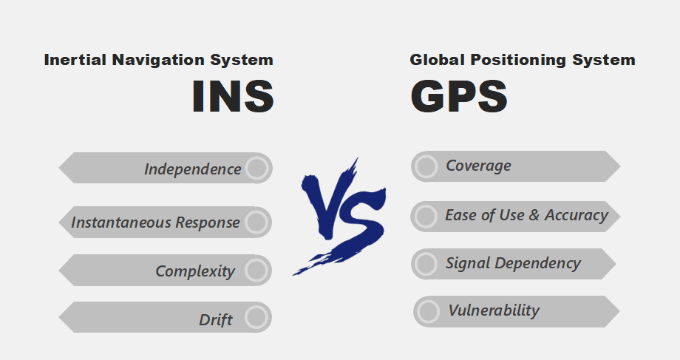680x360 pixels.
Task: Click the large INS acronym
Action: point(233,97)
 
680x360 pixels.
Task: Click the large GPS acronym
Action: point(458,97)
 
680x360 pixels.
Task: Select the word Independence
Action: point(192,169)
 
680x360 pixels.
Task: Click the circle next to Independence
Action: point(256,168)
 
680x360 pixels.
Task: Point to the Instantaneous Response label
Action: point(155,223)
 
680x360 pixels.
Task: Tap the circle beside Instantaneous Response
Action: point(256,222)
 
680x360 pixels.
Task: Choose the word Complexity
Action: point(195,271)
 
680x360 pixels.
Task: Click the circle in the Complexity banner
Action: point(256,271)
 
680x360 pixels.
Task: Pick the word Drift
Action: point(216,320)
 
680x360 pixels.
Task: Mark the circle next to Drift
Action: point(256,318)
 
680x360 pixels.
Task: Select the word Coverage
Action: point(478,166)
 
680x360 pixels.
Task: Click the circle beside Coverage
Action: point(426,166)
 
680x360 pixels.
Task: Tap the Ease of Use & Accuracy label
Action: point(526,215)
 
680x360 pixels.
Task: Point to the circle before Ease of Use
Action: point(426,216)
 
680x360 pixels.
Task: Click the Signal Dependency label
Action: point(513,263)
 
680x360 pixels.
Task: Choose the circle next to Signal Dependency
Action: point(426,264)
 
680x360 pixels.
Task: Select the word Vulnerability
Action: point(494,310)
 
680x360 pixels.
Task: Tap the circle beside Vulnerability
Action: point(428,311)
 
